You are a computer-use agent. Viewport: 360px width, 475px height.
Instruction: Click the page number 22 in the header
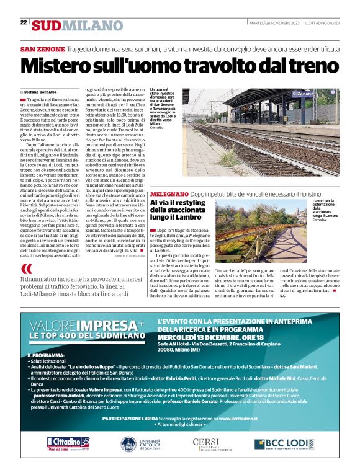tap(24, 22)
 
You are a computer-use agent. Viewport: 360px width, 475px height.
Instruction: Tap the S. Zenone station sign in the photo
tap(302, 94)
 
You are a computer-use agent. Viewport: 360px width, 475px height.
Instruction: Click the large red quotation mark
tap(26, 269)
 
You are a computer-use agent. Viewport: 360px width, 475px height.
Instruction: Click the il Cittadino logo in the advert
tap(67, 443)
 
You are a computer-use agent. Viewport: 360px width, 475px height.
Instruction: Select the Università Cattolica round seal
tap(128, 444)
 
